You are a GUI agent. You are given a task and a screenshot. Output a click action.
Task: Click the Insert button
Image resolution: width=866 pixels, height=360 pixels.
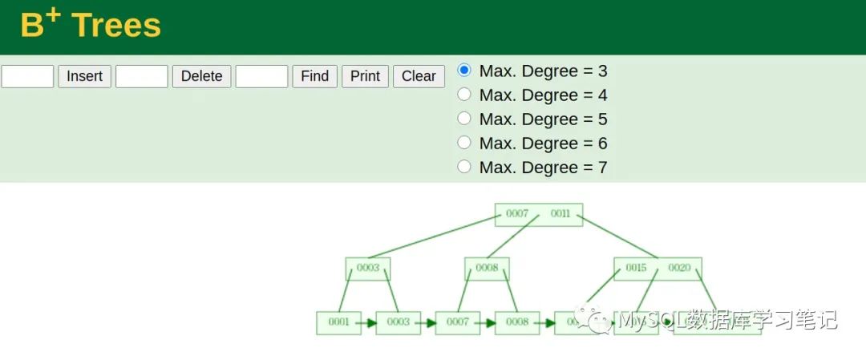[84, 76]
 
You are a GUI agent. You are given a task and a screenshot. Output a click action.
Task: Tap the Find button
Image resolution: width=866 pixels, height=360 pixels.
[314, 76]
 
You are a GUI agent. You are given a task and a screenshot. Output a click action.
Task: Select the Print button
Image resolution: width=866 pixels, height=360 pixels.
[365, 76]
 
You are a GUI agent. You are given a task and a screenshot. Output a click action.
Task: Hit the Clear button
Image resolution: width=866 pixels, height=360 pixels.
[419, 76]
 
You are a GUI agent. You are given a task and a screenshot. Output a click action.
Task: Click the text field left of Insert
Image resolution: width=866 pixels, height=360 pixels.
[27, 76]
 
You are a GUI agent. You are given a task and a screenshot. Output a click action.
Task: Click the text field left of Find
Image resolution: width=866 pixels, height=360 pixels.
[261, 76]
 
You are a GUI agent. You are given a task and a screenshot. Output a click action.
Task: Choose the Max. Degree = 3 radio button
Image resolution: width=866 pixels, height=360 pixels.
[464, 71]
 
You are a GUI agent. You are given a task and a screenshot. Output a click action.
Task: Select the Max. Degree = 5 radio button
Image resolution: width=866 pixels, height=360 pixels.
[464, 119]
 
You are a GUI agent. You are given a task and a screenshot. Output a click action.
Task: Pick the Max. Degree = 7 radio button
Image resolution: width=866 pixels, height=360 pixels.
[464, 167]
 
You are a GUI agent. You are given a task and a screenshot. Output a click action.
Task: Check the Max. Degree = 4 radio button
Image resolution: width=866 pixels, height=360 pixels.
[464, 95]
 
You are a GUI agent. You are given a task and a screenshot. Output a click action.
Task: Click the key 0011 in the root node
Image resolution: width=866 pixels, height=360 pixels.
[560, 214]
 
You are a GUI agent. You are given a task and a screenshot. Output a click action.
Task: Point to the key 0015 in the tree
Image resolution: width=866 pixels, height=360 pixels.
[636, 268]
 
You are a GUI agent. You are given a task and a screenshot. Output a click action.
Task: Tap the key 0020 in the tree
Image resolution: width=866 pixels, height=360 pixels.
[679, 268]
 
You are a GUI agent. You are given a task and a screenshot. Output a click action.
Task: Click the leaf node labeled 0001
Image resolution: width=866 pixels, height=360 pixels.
[338, 322]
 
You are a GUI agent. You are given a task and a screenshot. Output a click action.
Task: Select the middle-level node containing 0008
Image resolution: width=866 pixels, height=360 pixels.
[487, 268]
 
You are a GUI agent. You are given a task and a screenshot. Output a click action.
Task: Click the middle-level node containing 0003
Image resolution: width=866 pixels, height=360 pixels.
[368, 268]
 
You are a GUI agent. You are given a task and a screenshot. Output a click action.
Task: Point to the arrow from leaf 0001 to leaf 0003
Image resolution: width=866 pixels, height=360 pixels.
[368, 323]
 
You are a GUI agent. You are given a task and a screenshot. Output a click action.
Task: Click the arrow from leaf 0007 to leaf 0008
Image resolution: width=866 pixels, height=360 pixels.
[487, 323]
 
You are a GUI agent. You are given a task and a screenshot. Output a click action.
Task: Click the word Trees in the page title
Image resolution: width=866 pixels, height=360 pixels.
[116, 26]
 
